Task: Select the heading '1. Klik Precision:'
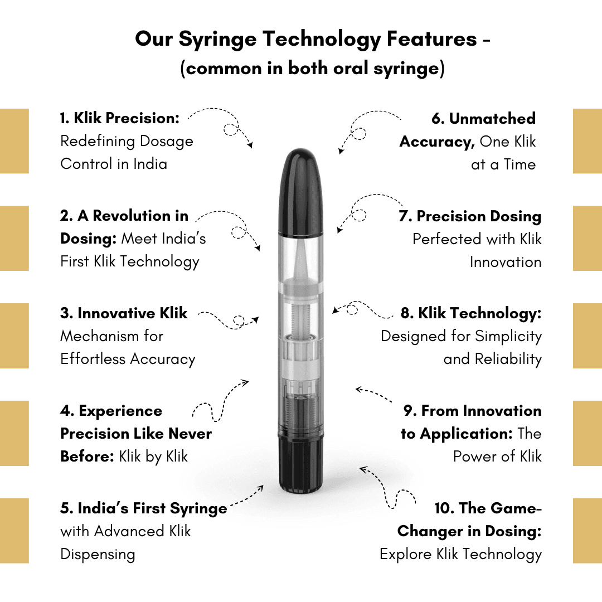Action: point(120,118)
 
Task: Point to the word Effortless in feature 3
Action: point(93,359)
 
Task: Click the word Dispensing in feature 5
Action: point(98,555)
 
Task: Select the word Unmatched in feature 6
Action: point(492,118)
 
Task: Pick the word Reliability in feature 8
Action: point(508,360)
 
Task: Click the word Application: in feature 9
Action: point(466,434)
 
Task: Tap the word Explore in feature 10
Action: point(405,555)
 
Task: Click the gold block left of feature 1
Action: point(14,141)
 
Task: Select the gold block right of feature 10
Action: point(588,531)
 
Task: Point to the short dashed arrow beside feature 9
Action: point(373,395)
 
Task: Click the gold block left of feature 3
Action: point(14,336)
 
